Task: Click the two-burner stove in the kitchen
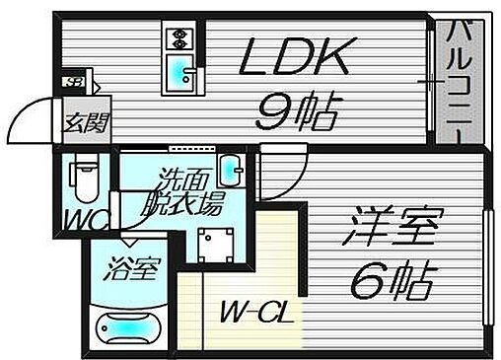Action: pos(179,38)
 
